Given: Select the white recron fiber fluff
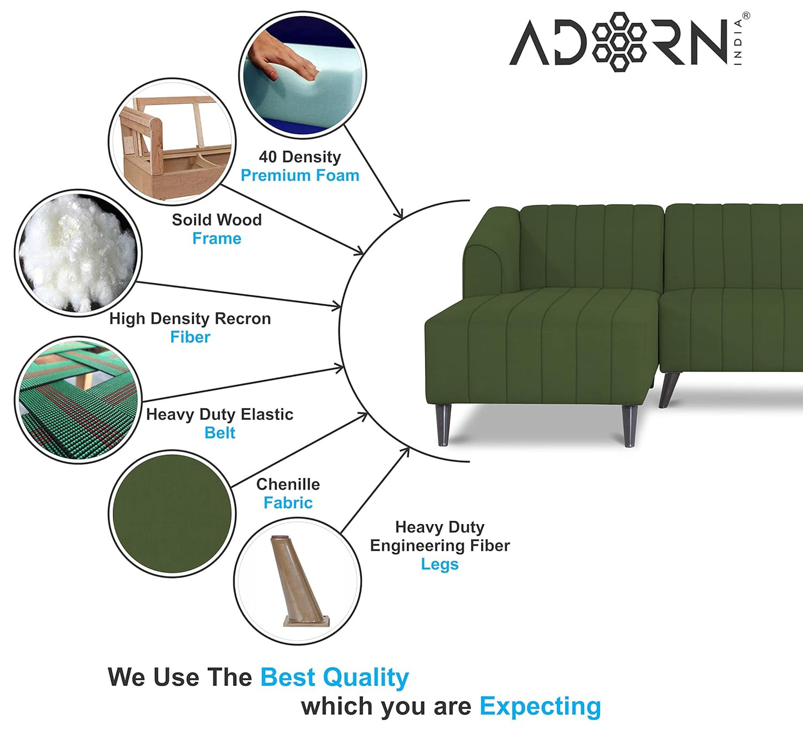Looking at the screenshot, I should point(78,253).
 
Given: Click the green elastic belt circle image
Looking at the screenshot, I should point(78,400).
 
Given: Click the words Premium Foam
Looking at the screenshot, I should point(300,175).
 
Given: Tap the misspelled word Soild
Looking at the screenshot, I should point(189,220).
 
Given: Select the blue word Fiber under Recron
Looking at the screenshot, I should point(190,337).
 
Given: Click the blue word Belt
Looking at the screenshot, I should point(220,433).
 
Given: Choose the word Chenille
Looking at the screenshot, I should point(288,484).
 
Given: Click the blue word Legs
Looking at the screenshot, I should point(440,564).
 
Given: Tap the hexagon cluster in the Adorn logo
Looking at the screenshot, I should point(619,42).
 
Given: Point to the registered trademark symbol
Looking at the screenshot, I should point(746,16).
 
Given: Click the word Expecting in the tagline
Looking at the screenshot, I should point(540,706).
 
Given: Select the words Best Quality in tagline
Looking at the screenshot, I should point(335,677).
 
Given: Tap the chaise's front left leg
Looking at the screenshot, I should point(443,425).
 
